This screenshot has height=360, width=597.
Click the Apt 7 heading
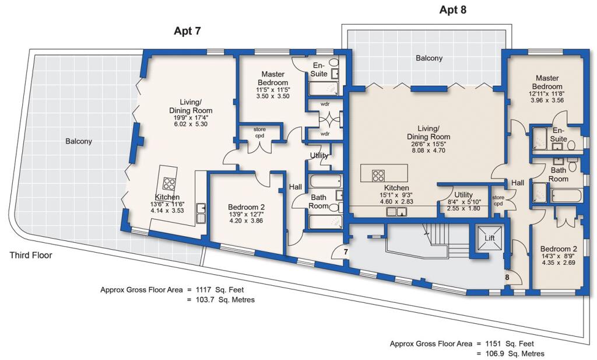[188, 31]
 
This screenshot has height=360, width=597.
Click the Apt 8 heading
[452, 10]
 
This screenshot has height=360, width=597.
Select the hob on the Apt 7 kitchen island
[170, 184]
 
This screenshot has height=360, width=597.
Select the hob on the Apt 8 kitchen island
[377, 174]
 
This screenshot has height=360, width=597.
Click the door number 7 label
[345, 252]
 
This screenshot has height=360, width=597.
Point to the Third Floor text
[31, 255]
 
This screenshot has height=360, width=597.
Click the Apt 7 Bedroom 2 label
[247, 207]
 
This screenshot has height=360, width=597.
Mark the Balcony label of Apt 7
[79, 141]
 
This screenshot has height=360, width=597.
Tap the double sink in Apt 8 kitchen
[398, 212]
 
